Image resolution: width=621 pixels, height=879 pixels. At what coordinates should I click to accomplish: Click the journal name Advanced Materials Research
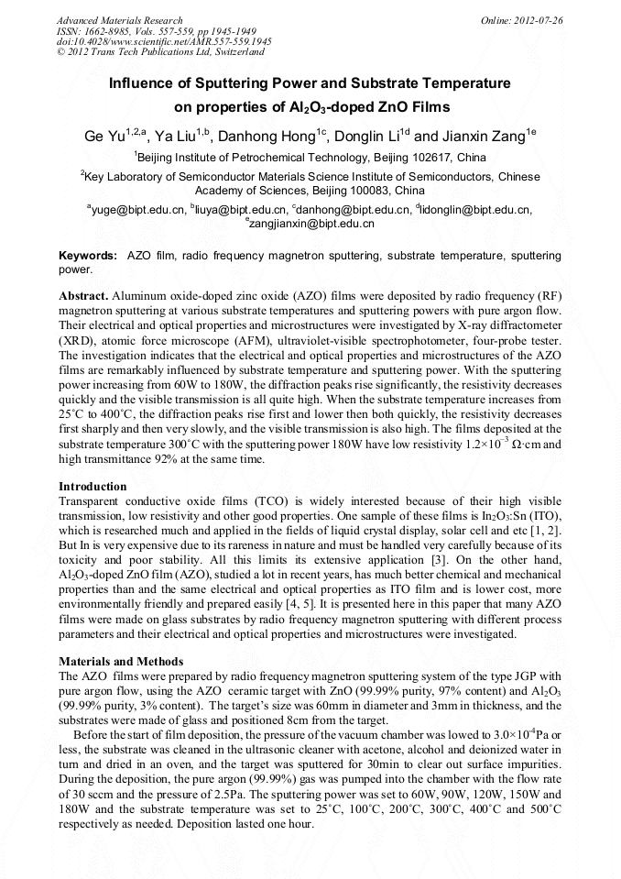tap(119, 20)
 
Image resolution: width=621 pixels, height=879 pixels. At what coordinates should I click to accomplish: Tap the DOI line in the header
tap(164, 41)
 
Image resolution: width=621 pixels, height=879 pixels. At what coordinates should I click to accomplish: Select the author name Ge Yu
tap(101, 135)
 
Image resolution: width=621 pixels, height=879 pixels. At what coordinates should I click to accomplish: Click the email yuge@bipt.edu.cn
tap(137, 210)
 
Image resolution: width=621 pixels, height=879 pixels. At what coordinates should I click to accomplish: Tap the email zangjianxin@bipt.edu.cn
tap(311, 224)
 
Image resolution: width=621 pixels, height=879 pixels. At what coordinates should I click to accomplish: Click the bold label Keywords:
tap(88, 256)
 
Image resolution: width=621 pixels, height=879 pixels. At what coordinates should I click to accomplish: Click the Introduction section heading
tap(93, 486)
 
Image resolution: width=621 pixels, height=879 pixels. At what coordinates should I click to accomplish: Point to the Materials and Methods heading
tap(121, 661)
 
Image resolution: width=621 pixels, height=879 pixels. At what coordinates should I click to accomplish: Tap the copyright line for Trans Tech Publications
tap(152, 52)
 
